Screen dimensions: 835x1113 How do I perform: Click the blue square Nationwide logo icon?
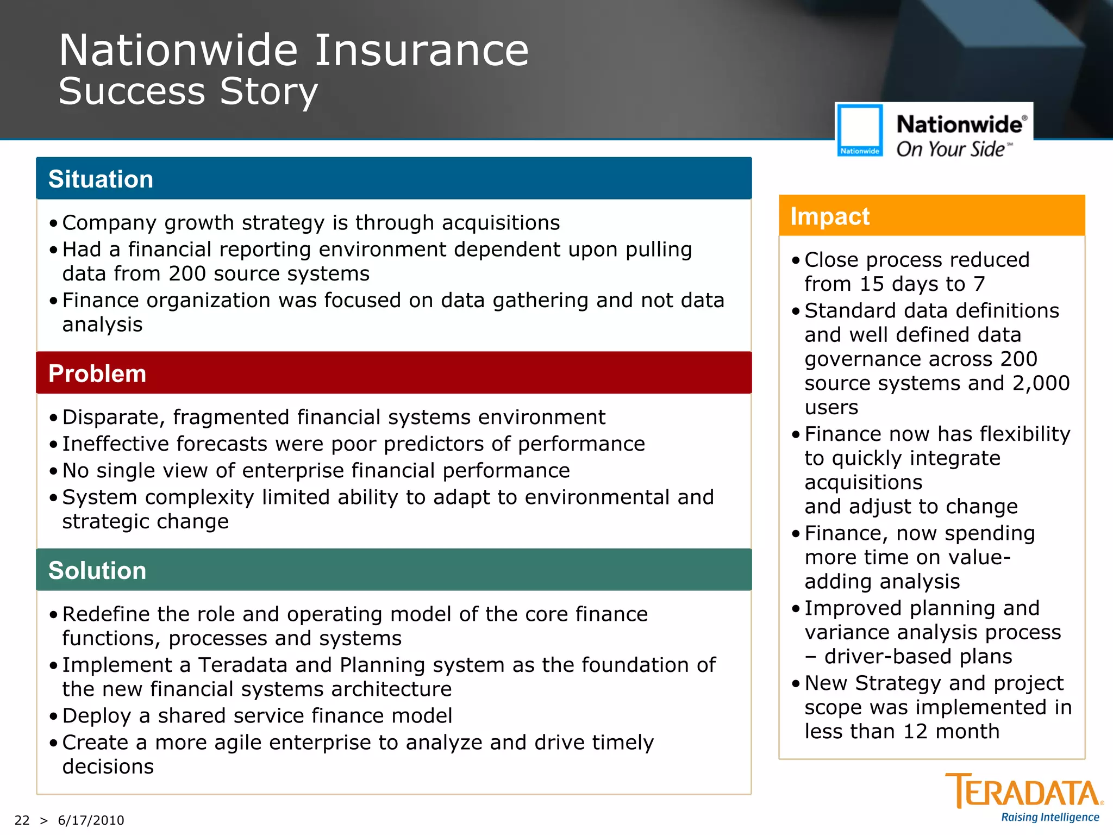860,130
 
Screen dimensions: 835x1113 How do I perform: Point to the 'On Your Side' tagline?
951,149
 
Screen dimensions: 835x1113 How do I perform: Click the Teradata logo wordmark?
1024,792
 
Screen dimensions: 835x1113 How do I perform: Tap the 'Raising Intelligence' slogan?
1050,818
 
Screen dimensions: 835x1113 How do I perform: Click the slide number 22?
22,820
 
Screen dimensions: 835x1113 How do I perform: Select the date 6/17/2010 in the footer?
91,820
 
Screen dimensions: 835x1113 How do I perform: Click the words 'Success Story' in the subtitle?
188,91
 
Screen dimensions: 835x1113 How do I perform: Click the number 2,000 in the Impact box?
1041,383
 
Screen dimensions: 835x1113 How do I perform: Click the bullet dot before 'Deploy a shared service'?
53,716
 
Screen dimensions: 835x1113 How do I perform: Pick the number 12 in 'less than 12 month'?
915,731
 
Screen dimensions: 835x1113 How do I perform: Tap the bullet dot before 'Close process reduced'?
796,260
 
